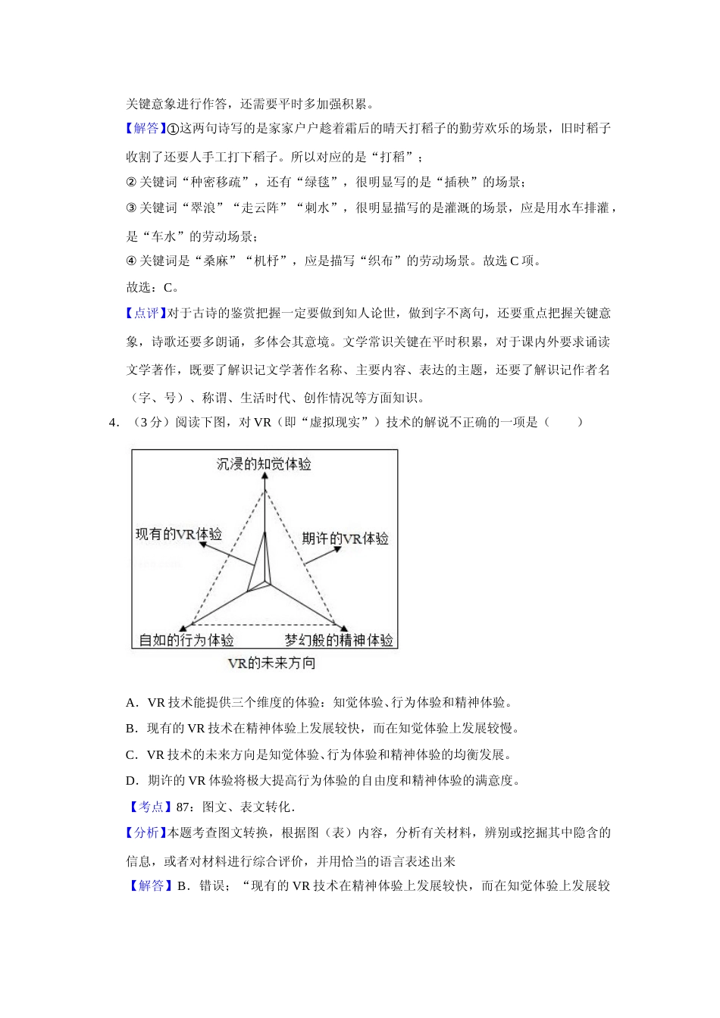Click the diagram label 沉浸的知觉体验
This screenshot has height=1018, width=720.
click(x=264, y=464)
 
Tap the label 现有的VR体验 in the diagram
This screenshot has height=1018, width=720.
click(x=179, y=534)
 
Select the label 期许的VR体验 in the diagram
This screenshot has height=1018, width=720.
click(x=345, y=539)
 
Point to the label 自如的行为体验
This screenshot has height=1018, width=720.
click(x=186, y=641)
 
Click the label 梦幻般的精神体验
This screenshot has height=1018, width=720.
click(x=339, y=641)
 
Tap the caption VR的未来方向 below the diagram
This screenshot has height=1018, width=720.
click(x=271, y=664)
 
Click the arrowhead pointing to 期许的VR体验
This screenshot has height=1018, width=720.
click(x=338, y=550)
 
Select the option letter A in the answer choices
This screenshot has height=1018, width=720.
click(x=131, y=703)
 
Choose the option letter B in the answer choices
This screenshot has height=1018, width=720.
click(x=131, y=729)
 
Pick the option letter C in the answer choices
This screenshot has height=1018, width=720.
click(x=131, y=755)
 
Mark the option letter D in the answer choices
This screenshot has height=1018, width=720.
click(x=131, y=781)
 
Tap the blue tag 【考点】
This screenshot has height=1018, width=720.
click(x=146, y=807)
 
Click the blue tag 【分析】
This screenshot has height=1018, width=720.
click(x=146, y=833)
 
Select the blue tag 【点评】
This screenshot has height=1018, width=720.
click(x=146, y=314)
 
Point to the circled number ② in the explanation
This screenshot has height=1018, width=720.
click(x=130, y=183)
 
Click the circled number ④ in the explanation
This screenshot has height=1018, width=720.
click(x=130, y=261)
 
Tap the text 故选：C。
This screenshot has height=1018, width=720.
click(x=152, y=288)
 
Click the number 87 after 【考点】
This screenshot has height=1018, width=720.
click(x=182, y=807)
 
